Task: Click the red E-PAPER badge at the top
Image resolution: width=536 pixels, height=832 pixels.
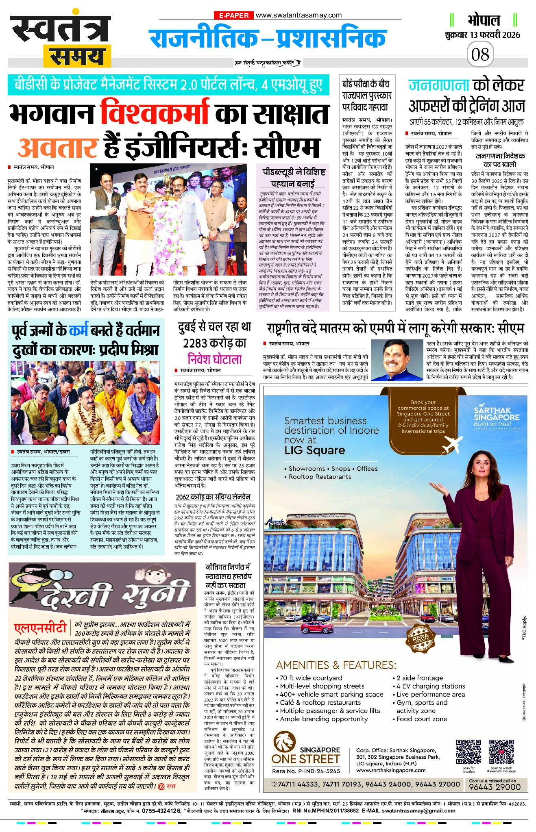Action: pos(234,15)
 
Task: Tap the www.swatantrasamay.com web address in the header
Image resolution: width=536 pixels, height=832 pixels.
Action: pos(299,15)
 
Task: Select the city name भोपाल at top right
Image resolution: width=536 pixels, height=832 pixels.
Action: pos(484,20)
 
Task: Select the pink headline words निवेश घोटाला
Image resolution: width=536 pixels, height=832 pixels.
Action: pos(215,359)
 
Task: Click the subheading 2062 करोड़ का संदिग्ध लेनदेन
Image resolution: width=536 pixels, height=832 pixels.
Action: pos(213,497)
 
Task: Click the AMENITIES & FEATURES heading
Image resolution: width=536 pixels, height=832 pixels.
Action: pos(336,665)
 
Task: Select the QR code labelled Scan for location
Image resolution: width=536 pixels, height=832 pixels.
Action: pos(468,752)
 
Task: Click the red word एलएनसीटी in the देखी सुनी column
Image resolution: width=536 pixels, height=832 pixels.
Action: pos(40,628)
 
